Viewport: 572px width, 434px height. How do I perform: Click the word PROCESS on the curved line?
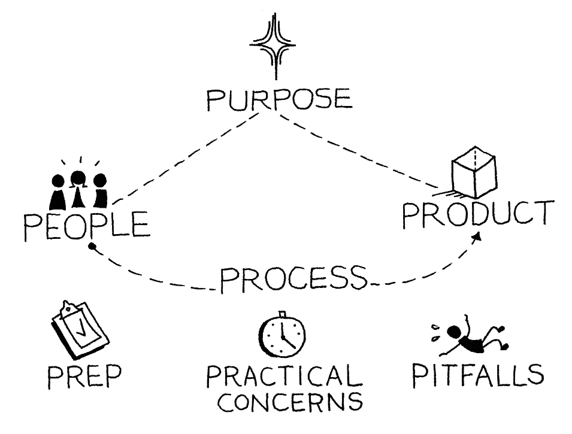click(292, 277)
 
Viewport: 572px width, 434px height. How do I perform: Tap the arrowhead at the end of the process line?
click(477, 237)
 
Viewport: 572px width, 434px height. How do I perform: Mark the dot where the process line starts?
click(92, 245)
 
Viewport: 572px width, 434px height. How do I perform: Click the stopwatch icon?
click(281, 335)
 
